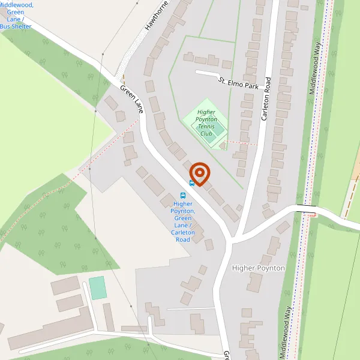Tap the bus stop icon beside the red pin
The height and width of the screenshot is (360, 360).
pyautogui.click(x=191, y=182)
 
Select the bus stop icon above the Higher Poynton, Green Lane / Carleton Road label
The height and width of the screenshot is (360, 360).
pyautogui.click(x=183, y=195)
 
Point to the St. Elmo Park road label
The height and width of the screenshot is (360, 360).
pyautogui.click(x=238, y=83)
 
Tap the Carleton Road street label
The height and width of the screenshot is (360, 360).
pyautogui.click(x=266, y=99)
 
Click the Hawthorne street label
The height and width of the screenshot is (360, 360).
pyautogui.click(x=158, y=16)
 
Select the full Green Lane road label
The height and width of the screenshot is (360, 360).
pyautogui.click(x=132, y=99)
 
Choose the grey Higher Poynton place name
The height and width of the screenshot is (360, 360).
pyautogui.click(x=258, y=268)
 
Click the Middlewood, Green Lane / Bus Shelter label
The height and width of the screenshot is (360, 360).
pyautogui.click(x=16, y=16)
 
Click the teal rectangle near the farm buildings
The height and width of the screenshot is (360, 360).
pyautogui.click(x=97, y=288)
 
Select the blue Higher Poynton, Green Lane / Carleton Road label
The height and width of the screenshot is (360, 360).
pyautogui.click(x=182, y=221)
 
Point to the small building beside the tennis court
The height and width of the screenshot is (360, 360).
pyautogui.click(x=223, y=146)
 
